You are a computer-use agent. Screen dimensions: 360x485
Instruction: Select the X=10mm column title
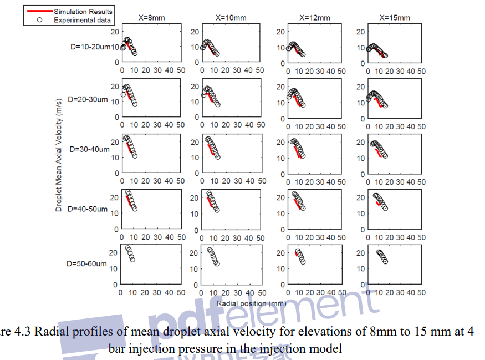tap(231, 18)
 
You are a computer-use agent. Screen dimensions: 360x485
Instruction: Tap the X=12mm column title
tap(314, 18)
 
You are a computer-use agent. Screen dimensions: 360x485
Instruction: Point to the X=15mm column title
tap(395, 18)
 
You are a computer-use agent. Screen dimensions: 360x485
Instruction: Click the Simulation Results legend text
tap(83, 11)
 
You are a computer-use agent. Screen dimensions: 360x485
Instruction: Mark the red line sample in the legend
tap(39, 11)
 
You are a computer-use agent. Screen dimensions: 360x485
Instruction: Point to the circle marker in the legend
tap(39, 20)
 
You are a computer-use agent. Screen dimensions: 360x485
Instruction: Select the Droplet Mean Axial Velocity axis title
tap(59, 161)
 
